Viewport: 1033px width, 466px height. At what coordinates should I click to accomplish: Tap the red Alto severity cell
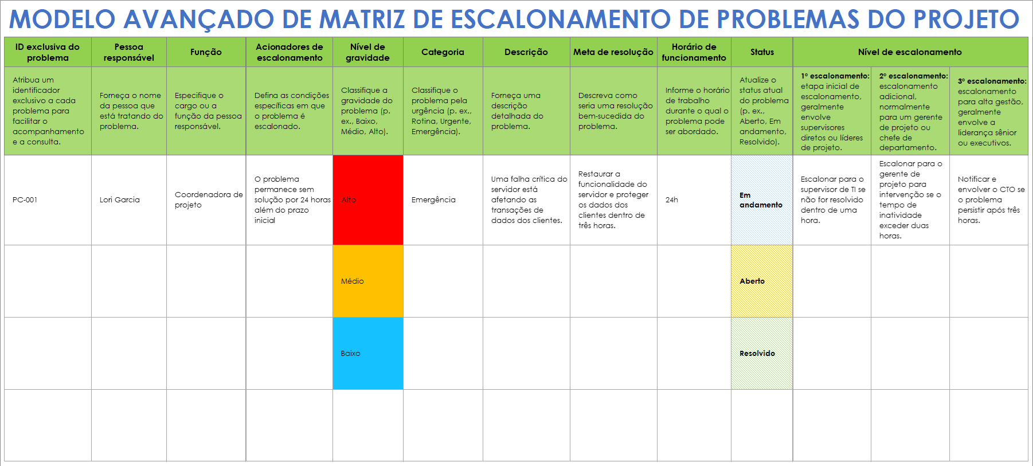(x=367, y=200)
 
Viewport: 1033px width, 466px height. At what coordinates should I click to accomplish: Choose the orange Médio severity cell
(x=367, y=281)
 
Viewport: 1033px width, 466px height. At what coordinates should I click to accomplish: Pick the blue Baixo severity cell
(x=367, y=354)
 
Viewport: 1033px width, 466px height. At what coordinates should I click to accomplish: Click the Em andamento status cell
(x=761, y=200)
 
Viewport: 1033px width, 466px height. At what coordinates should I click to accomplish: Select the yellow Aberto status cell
(x=761, y=281)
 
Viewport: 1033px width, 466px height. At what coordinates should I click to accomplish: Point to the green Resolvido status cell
(x=761, y=354)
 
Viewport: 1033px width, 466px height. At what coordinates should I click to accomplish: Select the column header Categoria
(x=443, y=52)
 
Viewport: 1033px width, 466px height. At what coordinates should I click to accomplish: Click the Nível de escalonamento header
(x=910, y=52)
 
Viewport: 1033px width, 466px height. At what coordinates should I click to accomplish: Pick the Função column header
(x=206, y=52)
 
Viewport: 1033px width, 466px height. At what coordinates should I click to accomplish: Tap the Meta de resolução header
(x=613, y=52)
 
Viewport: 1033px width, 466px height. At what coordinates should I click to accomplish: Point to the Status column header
(x=762, y=52)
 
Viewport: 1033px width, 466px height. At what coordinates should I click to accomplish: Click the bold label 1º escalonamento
(x=835, y=76)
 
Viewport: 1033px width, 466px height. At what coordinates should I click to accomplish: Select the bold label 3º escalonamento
(x=992, y=81)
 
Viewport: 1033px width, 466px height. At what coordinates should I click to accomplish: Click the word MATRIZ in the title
(x=362, y=19)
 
